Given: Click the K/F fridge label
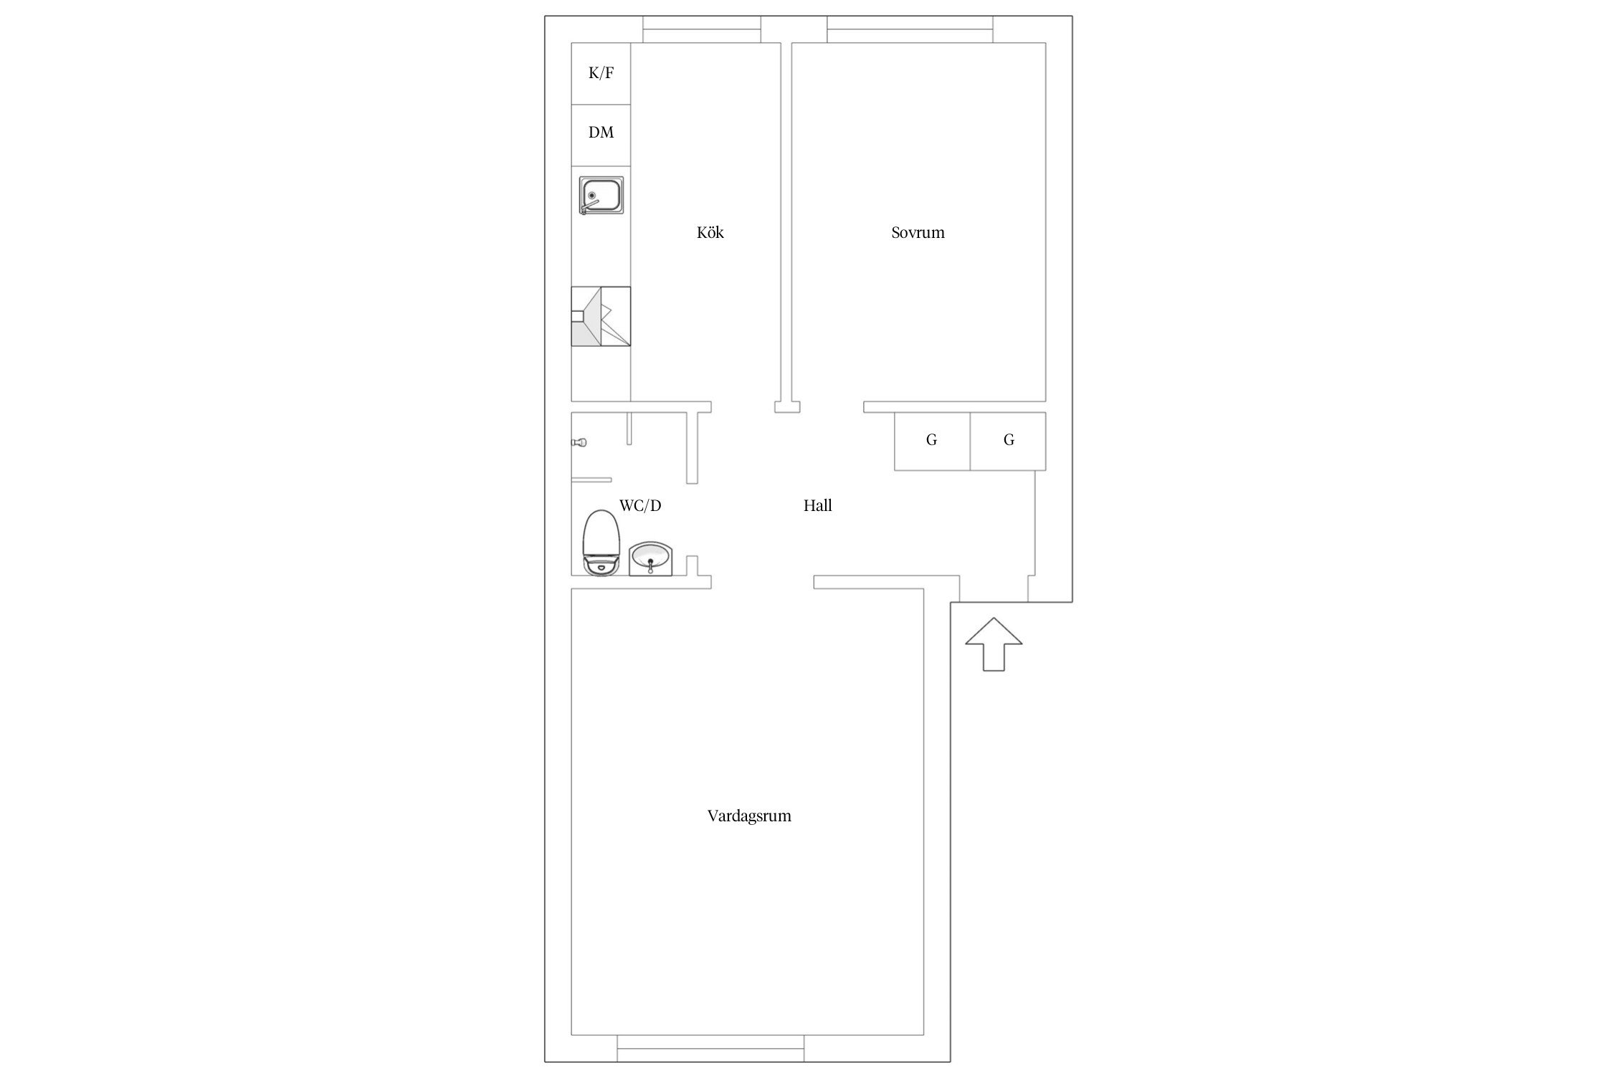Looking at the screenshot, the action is coord(601,72).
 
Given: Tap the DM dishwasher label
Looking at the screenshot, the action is coord(601,133).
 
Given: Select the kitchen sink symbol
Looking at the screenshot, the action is coord(601,196).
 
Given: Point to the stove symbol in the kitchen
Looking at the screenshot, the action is coord(601,316).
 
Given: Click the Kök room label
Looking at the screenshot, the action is coord(710,232).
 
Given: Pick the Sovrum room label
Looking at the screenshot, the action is coord(918,232).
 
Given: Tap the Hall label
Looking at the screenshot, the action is coord(817,505).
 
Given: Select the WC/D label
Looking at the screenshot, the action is coord(640,505).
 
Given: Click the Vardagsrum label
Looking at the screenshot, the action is coord(749,816).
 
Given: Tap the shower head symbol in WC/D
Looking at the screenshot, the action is coord(579,442).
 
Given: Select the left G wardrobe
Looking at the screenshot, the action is coord(932,441).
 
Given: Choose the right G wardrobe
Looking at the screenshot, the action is coord(1008,441).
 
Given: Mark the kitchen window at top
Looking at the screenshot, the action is coord(701,29).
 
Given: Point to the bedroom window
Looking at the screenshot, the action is coord(910,29).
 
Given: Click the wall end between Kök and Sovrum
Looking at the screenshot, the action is coord(786,407).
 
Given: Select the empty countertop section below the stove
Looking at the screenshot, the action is coord(601,373).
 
